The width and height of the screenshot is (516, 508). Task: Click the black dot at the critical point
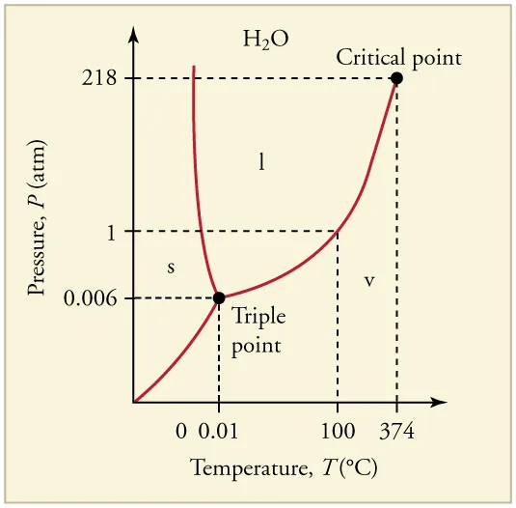pyautogui.click(x=395, y=78)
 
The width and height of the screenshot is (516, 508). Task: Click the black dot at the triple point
pyautogui.click(x=219, y=297)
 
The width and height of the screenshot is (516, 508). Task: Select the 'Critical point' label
pyautogui.click(x=398, y=57)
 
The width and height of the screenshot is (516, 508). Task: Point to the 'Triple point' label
pyautogui.click(x=257, y=329)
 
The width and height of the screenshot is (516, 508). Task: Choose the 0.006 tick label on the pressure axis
pyautogui.click(x=91, y=297)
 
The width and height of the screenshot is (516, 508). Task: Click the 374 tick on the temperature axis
pyautogui.click(x=396, y=431)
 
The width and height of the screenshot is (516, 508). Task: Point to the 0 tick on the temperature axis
pyautogui.click(x=181, y=431)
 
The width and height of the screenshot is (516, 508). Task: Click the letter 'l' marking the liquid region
pyautogui.click(x=260, y=162)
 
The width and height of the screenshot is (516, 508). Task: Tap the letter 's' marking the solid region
pyautogui.click(x=171, y=268)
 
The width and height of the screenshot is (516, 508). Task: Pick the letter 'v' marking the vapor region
pyautogui.click(x=368, y=280)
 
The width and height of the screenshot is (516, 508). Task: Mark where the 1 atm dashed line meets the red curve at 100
pyautogui.click(x=337, y=231)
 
